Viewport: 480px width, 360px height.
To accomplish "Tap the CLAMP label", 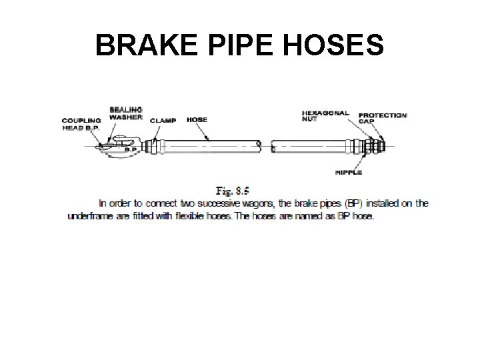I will (163, 121).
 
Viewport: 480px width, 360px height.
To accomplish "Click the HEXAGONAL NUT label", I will (325, 117).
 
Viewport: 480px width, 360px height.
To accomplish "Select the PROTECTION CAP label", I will (383, 119).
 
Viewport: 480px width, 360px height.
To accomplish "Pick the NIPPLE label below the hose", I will (349, 173).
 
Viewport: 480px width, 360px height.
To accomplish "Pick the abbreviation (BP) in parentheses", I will (347, 203).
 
